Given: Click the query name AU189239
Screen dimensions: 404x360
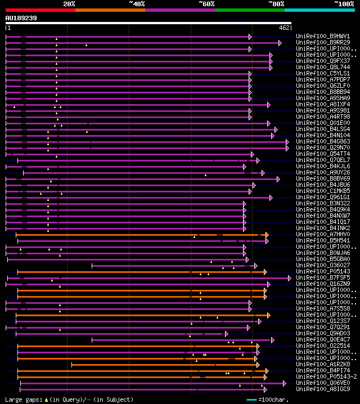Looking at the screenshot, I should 21,18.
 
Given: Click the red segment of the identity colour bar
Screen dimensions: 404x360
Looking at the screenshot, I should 40,10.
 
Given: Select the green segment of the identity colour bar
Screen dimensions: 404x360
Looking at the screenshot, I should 249,10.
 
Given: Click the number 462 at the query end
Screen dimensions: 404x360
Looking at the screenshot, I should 284,27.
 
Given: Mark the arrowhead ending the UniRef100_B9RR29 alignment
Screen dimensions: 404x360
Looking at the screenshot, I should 280,42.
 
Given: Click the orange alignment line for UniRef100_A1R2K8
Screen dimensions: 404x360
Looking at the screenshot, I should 163,365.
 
